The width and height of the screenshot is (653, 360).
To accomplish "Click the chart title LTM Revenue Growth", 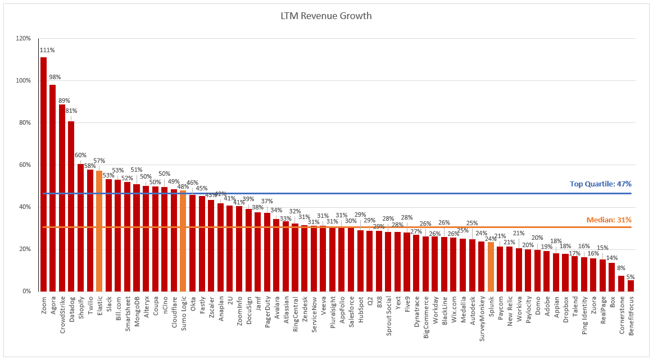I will (326, 16).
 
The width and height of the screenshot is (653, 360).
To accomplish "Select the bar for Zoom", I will (43, 174).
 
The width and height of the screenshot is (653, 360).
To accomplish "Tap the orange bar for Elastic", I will (99, 231).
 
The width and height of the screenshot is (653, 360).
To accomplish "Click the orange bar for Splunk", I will (491, 266).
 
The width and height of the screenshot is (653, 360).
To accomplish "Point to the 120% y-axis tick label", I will (24, 39).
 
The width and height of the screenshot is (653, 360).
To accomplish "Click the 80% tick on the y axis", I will (25, 123).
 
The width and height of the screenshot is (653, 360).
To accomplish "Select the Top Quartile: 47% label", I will (601, 184).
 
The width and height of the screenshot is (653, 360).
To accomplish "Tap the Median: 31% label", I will (608, 220).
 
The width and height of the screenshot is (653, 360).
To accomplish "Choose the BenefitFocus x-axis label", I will (631, 316).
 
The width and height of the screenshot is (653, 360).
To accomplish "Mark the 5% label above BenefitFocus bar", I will (631, 276).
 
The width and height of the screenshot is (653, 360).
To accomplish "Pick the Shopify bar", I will (80, 227).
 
